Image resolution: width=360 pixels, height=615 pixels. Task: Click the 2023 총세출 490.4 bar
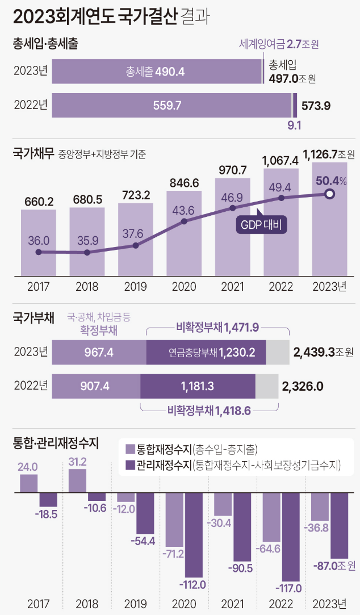pyautogui.click(x=157, y=72)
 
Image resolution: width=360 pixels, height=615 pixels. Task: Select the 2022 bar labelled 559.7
pyautogui.click(x=171, y=105)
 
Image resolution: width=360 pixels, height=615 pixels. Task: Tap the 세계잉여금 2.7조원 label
pyautogui.click(x=283, y=44)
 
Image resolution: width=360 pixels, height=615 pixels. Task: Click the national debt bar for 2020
pyautogui.click(x=184, y=233)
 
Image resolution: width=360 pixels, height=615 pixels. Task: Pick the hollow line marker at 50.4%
pyautogui.click(x=329, y=194)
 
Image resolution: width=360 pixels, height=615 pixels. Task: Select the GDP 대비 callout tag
pyautogui.click(x=261, y=224)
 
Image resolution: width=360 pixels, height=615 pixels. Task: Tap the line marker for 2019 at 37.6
pyautogui.click(x=135, y=245)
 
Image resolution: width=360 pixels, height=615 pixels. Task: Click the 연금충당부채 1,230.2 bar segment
pyautogui.click(x=206, y=353)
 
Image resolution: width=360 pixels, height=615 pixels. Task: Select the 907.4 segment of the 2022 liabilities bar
pyautogui.click(x=96, y=386)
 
